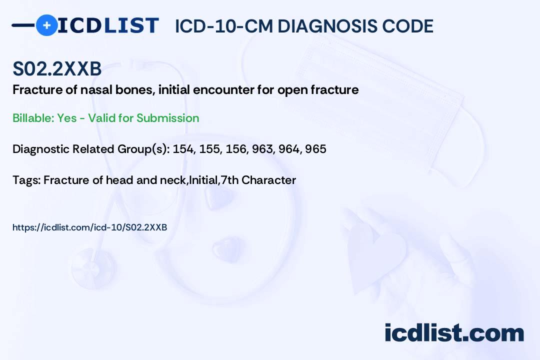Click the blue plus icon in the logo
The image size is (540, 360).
click(46, 25)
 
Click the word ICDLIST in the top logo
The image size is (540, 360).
click(108, 25)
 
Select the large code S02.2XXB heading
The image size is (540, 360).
click(57, 68)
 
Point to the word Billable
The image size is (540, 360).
click(32, 118)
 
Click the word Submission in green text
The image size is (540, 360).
click(167, 118)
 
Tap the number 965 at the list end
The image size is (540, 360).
click(316, 149)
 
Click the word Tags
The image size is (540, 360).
click(26, 180)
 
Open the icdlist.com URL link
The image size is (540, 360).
click(90, 227)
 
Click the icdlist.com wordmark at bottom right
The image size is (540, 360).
click(454, 332)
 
